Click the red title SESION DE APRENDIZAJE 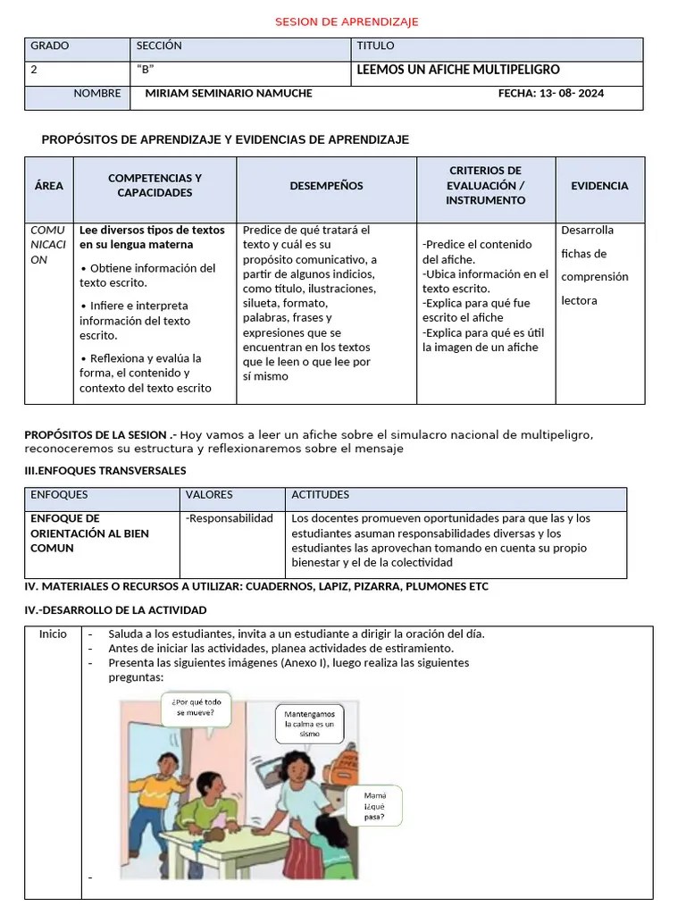coord(346,21)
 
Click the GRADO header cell coord(50,46)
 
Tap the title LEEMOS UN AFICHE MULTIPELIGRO coord(458,70)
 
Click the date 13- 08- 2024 coord(550,93)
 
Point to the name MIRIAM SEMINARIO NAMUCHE coord(229,93)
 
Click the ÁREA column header coord(49,186)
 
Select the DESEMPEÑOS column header coord(326,186)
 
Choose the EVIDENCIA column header coord(599,186)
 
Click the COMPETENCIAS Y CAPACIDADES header coord(155,185)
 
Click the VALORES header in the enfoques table coord(209,494)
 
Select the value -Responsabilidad coord(230,518)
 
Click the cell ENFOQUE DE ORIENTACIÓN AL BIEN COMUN coord(89,533)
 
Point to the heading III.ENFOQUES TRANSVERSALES coord(105,470)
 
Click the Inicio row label coord(53,634)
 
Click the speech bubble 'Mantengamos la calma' coord(309,723)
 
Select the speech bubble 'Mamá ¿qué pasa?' coord(374,804)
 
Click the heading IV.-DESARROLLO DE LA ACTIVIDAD coord(115,609)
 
